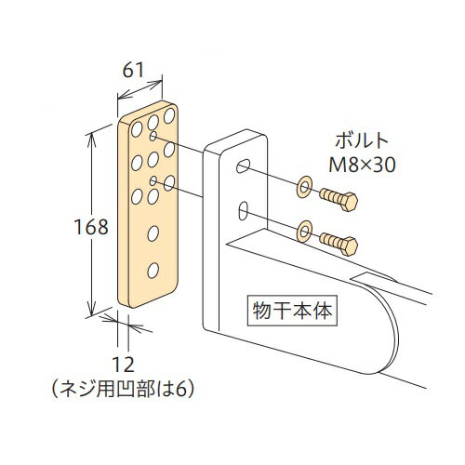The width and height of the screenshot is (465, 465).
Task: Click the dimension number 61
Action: (x=133, y=70)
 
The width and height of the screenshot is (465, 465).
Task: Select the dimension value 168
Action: (x=91, y=227)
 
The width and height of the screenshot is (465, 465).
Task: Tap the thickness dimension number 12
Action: (x=123, y=365)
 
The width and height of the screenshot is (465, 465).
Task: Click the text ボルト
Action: (x=362, y=140)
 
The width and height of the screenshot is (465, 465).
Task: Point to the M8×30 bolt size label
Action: (x=362, y=165)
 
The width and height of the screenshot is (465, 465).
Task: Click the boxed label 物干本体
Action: (x=292, y=311)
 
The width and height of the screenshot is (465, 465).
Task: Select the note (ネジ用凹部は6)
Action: (x=123, y=389)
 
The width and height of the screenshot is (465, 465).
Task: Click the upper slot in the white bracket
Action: (x=243, y=166)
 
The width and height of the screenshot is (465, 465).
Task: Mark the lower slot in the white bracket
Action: (x=243, y=211)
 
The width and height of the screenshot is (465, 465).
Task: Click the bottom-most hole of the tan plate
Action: (x=153, y=271)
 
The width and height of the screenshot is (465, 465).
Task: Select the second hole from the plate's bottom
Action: (x=153, y=233)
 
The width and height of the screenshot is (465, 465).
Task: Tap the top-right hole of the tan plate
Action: (x=169, y=115)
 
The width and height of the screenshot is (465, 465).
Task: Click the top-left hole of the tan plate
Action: (x=137, y=129)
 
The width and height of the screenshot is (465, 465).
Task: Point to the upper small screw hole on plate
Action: (x=153, y=136)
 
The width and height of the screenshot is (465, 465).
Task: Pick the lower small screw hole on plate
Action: (x=153, y=180)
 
